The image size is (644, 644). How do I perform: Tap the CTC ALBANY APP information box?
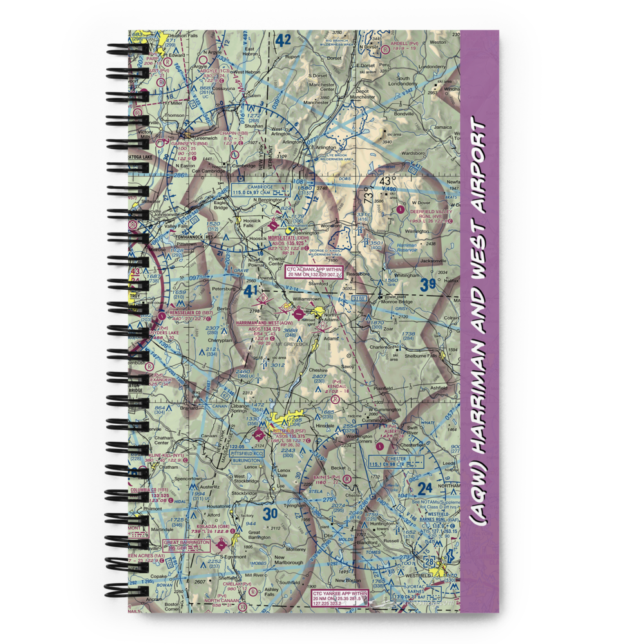point(313,272)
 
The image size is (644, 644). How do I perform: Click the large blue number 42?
point(282,41)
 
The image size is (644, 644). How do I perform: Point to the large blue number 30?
point(270,513)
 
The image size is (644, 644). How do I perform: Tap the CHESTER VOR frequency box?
point(395,461)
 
